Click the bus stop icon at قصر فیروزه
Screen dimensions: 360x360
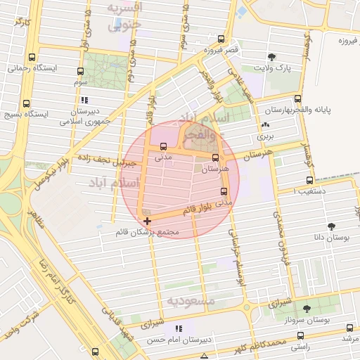click(221, 39)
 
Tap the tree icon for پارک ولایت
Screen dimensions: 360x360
click(272, 57)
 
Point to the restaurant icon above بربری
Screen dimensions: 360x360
click(265, 126)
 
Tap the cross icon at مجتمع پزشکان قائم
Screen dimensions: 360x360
click(146, 221)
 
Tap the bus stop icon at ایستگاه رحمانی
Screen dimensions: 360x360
click(31, 57)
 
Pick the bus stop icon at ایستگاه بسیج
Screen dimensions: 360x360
click(26, 103)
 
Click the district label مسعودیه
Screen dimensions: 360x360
click(189, 302)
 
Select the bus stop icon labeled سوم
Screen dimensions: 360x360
click(80, 71)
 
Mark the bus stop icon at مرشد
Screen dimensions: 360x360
click(351, 327)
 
